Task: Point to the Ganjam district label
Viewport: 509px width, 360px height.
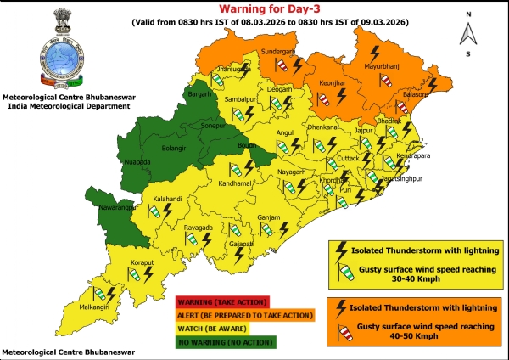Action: (268, 218)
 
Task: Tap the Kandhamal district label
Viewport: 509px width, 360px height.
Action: (236, 183)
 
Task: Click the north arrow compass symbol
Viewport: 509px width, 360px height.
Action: (466, 33)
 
